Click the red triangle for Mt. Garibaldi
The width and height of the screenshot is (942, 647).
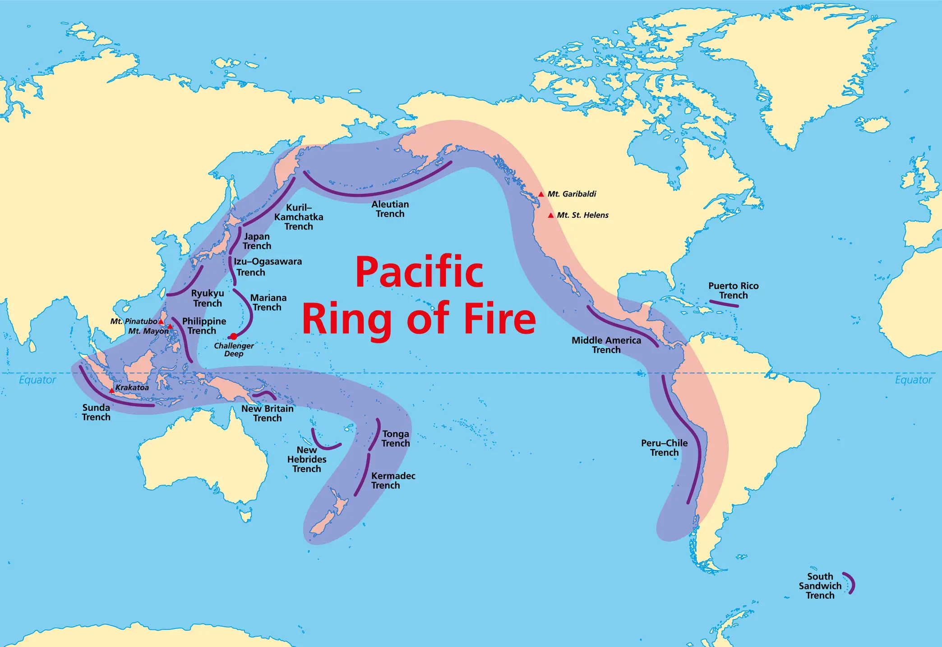point(541,194)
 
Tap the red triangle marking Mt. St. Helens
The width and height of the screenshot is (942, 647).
point(550,216)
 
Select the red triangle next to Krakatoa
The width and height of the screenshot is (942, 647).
point(112,390)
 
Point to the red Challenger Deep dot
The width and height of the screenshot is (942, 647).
point(233,336)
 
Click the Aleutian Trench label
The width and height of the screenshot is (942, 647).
point(390,209)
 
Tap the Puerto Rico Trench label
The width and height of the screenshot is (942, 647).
point(734,291)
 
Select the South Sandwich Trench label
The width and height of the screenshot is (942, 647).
point(820,586)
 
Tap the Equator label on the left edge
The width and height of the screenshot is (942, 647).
point(37,380)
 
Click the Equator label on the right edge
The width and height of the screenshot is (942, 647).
point(913,380)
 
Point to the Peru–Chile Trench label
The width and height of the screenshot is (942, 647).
point(664,448)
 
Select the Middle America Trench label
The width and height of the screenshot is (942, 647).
point(606,345)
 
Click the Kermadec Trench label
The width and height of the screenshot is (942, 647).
point(393,481)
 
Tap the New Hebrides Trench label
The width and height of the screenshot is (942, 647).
point(307,459)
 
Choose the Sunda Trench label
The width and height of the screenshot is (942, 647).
point(96,412)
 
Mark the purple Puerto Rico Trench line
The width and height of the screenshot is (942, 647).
point(724,303)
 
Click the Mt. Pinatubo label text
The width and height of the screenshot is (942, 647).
point(134,321)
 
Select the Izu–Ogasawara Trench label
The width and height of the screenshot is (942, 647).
point(267,267)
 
